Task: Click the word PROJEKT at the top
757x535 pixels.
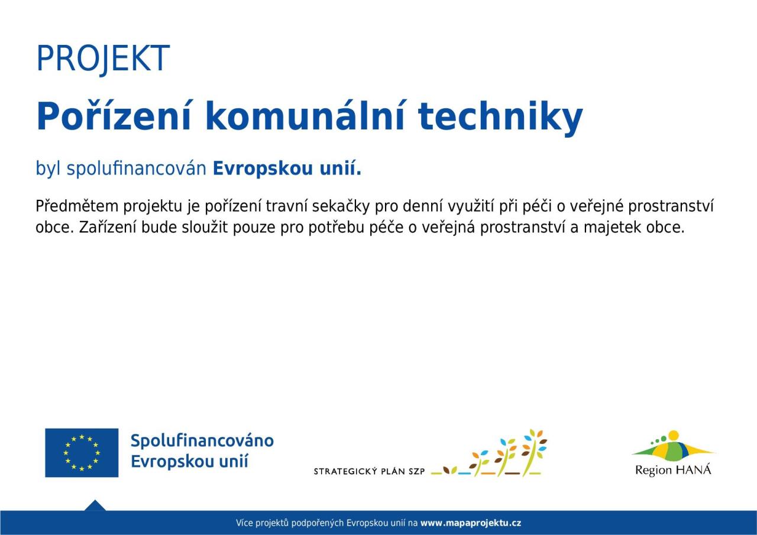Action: pyautogui.click(x=103, y=59)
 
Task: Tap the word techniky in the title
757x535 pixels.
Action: pyautogui.click(x=500, y=118)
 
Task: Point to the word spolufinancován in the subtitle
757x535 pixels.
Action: pyautogui.click(x=137, y=168)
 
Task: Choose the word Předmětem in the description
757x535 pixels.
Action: pyautogui.click(x=77, y=206)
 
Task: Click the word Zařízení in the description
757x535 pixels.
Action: pyautogui.click(x=108, y=228)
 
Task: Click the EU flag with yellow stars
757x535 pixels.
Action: pyautogui.click(x=82, y=453)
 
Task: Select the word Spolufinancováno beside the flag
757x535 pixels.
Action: pyautogui.click(x=202, y=442)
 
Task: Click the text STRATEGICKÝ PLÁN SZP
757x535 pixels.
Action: pyautogui.click(x=369, y=471)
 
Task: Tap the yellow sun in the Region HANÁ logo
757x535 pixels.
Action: pyautogui.click(x=673, y=435)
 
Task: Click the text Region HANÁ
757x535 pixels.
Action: pyautogui.click(x=673, y=470)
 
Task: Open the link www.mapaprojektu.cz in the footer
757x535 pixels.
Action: pyautogui.click(x=471, y=523)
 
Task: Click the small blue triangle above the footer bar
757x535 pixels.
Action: pyautogui.click(x=95, y=505)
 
